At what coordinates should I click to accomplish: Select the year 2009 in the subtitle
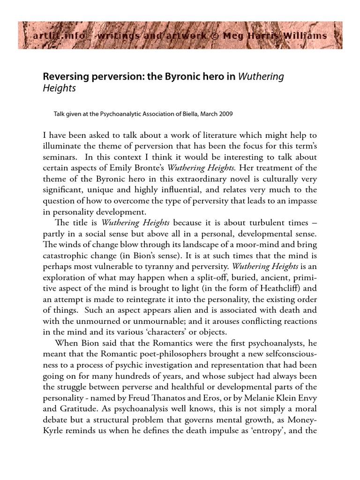[x=225, y=114]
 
